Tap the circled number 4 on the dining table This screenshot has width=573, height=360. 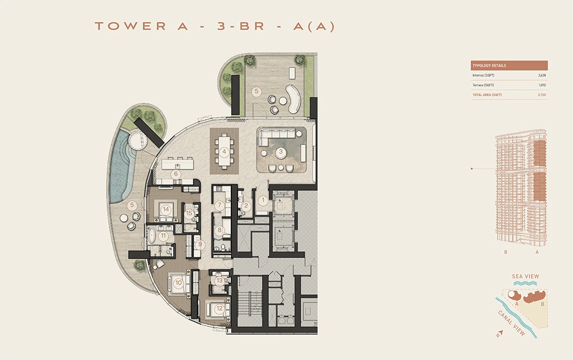(x=225, y=151)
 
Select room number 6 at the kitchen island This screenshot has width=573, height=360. (x=176, y=174)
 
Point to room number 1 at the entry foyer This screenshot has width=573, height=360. (x=263, y=201)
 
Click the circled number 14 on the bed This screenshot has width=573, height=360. (x=166, y=209)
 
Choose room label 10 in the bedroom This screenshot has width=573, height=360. (x=178, y=283)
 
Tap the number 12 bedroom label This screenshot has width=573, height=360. (x=219, y=308)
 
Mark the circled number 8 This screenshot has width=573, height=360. (x=219, y=230)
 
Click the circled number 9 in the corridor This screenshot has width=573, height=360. (x=199, y=245)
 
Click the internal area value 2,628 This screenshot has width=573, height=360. (x=541, y=75)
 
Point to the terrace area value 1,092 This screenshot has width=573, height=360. (x=541, y=85)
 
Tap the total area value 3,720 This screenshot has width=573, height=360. (x=541, y=95)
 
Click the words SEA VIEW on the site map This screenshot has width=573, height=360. (x=525, y=276)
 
